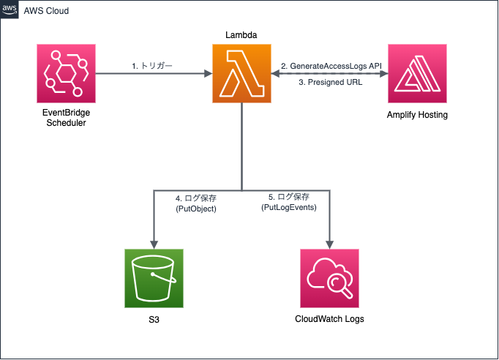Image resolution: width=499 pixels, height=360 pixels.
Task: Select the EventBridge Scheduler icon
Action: tap(65, 73)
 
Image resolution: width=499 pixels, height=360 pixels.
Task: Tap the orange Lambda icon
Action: tap(241, 73)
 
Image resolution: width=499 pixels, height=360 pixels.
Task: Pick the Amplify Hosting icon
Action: tap(417, 73)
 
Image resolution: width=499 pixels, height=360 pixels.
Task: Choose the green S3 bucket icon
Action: tap(154, 278)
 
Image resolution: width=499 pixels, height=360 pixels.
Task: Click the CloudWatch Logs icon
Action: tap(329, 278)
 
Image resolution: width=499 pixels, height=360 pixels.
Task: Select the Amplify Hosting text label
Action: tap(417, 116)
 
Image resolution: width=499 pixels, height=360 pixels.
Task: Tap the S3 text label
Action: tap(154, 320)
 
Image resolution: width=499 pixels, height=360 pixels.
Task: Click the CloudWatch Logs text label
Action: tap(329, 320)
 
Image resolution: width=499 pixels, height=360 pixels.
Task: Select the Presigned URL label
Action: tap(330, 82)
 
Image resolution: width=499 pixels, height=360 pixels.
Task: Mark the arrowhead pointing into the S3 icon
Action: tap(154, 244)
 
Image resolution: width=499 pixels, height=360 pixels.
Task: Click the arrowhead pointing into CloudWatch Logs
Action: tap(329, 244)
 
